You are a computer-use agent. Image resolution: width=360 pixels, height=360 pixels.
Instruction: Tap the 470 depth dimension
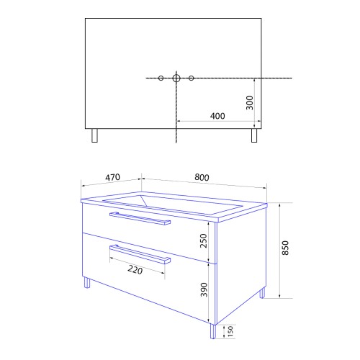pyautogui.click(x=112, y=177)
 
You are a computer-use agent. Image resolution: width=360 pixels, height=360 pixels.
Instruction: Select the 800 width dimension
pyautogui.click(x=202, y=177)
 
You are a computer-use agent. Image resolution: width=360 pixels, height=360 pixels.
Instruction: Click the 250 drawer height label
pyautogui.click(x=203, y=240)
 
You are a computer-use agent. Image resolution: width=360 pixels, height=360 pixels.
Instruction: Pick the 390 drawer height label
pyautogui.click(x=203, y=290)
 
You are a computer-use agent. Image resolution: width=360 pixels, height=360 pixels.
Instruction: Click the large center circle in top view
pyautogui.click(x=176, y=78)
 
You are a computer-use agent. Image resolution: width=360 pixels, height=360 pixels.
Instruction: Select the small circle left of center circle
pyautogui.click(x=161, y=78)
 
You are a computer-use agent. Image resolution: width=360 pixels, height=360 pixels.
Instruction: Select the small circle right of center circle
pyautogui.click(x=192, y=78)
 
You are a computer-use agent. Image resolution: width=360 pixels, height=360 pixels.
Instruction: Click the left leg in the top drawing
pyautogui.click(x=94, y=136)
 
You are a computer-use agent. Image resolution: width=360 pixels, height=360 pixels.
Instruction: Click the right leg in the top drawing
pyautogui.click(x=254, y=136)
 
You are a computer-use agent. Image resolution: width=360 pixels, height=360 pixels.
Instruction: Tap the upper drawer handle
pyautogui.click(x=140, y=219)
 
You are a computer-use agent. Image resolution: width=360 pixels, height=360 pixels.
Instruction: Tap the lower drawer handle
pyautogui.click(x=140, y=255)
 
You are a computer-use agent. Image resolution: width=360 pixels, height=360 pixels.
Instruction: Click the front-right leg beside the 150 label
pyautogui.click(x=213, y=330)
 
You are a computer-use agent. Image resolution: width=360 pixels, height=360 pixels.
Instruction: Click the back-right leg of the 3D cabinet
pyautogui.click(x=262, y=293)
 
